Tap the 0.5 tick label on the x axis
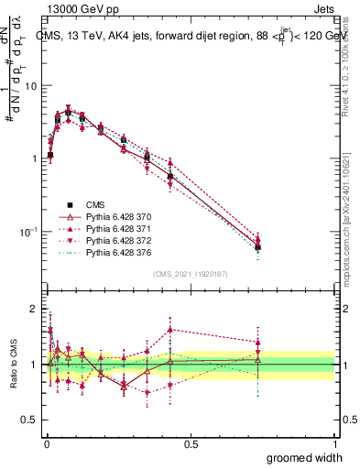tap(191, 442)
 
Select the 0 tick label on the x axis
tap(47, 442)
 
